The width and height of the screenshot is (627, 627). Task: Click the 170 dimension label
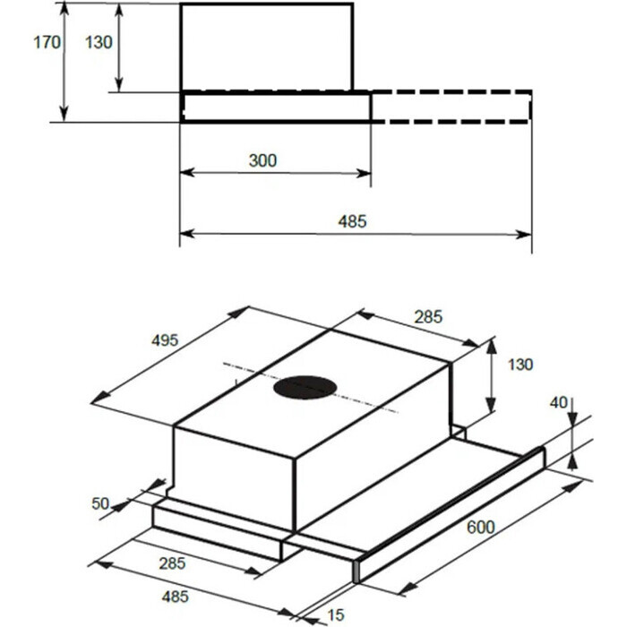(47, 42)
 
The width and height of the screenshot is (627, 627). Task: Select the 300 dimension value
(262, 160)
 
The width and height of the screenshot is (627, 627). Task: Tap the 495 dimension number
(165, 340)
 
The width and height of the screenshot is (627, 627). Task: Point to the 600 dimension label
(481, 528)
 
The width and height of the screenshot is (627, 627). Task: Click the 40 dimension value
(559, 403)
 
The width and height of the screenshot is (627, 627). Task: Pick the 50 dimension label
(100, 503)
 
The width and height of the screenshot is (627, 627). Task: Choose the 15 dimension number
(336, 615)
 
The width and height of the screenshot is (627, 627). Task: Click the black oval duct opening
(305, 388)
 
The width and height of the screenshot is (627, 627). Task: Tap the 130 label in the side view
(99, 42)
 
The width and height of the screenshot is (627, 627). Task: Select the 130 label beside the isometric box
(520, 365)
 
